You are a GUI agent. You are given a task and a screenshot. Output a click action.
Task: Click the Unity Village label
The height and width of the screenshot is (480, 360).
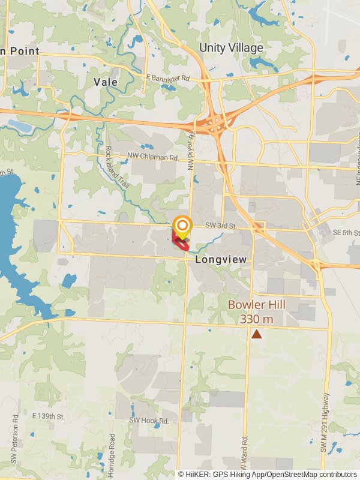(x=231, y=47)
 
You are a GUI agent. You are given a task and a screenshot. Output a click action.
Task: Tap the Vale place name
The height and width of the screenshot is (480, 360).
(x=105, y=82)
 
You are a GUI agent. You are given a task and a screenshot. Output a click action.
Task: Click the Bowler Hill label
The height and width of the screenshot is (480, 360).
(x=256, y=305)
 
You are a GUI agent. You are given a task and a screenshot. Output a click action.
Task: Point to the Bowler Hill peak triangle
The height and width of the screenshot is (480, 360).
(x=257, y=334)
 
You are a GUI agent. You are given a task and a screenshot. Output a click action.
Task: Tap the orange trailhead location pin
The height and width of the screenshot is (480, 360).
(x=182, y=226)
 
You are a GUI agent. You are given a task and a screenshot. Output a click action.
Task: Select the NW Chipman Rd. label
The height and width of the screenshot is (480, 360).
(x=153, y=158)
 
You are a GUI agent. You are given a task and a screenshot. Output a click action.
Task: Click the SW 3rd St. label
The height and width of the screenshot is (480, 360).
(x=221, y=226)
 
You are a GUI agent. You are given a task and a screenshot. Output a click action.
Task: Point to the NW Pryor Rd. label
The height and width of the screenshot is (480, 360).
(x=191, y=151)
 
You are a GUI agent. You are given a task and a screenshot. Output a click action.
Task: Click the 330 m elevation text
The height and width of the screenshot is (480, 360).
(x=256, y=319)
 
